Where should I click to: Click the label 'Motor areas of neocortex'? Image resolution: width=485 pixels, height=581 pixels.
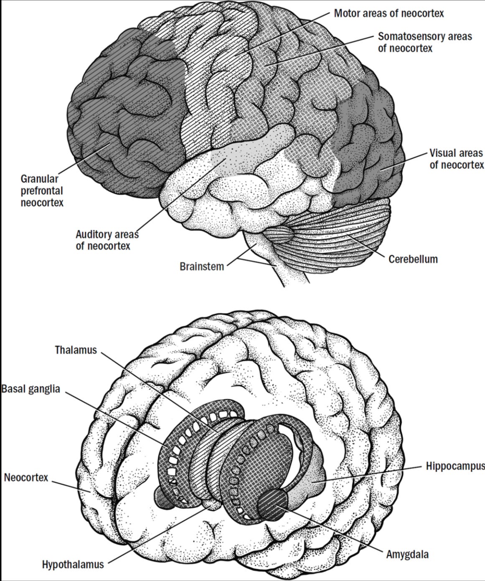(x=389, y=13)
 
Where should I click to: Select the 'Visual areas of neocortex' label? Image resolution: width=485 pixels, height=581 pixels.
(x=456, y=159)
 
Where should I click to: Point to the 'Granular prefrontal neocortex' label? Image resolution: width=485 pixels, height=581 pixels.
(x=42, y=191)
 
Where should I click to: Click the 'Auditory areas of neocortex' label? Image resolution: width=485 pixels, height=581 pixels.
(x=107, y=240)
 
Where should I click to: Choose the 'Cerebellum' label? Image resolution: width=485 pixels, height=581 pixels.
(x=413, y=259)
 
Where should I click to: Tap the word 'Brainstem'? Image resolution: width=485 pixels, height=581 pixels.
(x=202, y=266)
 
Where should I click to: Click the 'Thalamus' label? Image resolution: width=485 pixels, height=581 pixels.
(x=76, y=350)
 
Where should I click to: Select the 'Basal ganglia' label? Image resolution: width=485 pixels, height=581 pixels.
(x=31, y=389)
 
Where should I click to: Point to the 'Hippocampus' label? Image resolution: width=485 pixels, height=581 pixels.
(x=455, y=466)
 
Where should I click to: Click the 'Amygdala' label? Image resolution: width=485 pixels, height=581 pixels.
(x=407, y=554)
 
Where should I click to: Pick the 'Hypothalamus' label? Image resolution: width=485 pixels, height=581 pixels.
(x=73, y=565)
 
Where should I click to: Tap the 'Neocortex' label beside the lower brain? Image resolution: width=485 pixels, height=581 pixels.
(x=26, y=477)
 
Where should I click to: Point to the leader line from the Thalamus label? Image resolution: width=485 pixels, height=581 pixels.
(x=159, y=388)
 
